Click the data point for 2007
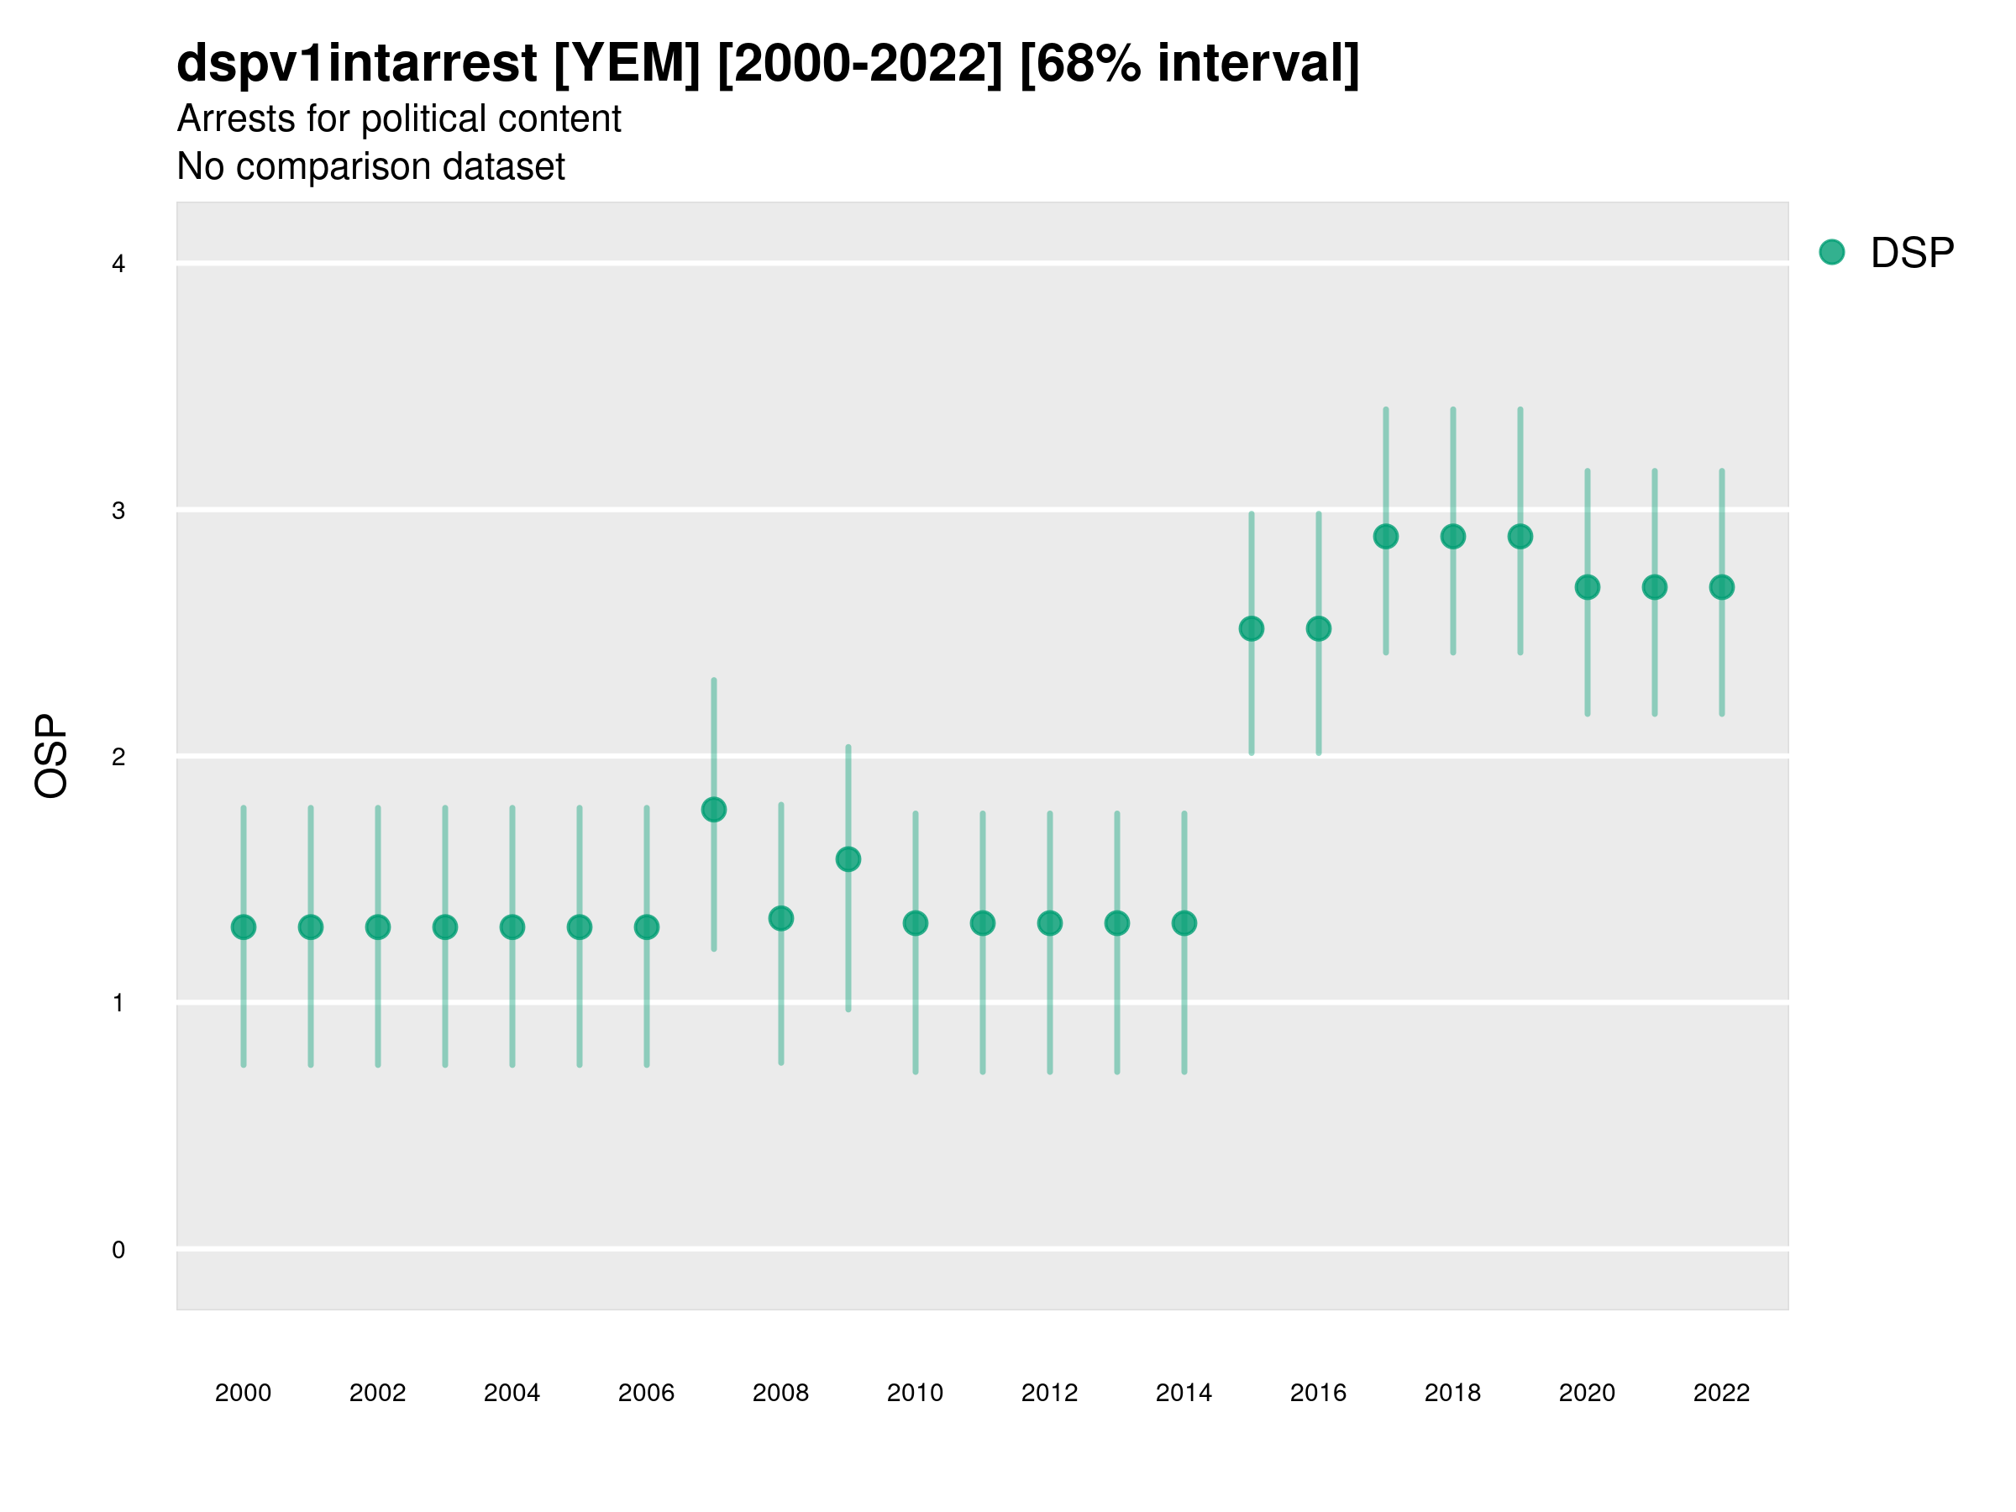[x=714, y=809]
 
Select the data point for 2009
[x=848, y=859]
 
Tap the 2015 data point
[x=1252, y=629]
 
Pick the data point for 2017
[x=1385, y=537]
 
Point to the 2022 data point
[x=1722, y=587]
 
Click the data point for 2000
[x=244, y=927]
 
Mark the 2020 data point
[x=1587, y=587]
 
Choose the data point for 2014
[x=1184, y=923]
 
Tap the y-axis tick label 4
[x=118, y=265]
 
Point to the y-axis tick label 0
[x=118, y=1251]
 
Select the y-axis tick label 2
[x=118, y=758]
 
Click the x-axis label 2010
[x=915, y=1393]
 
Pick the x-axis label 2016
[x=1318, y=1393]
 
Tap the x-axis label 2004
[x=512, y=1393]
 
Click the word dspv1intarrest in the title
[x=356, y=64]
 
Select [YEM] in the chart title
[x=627, y=64]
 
